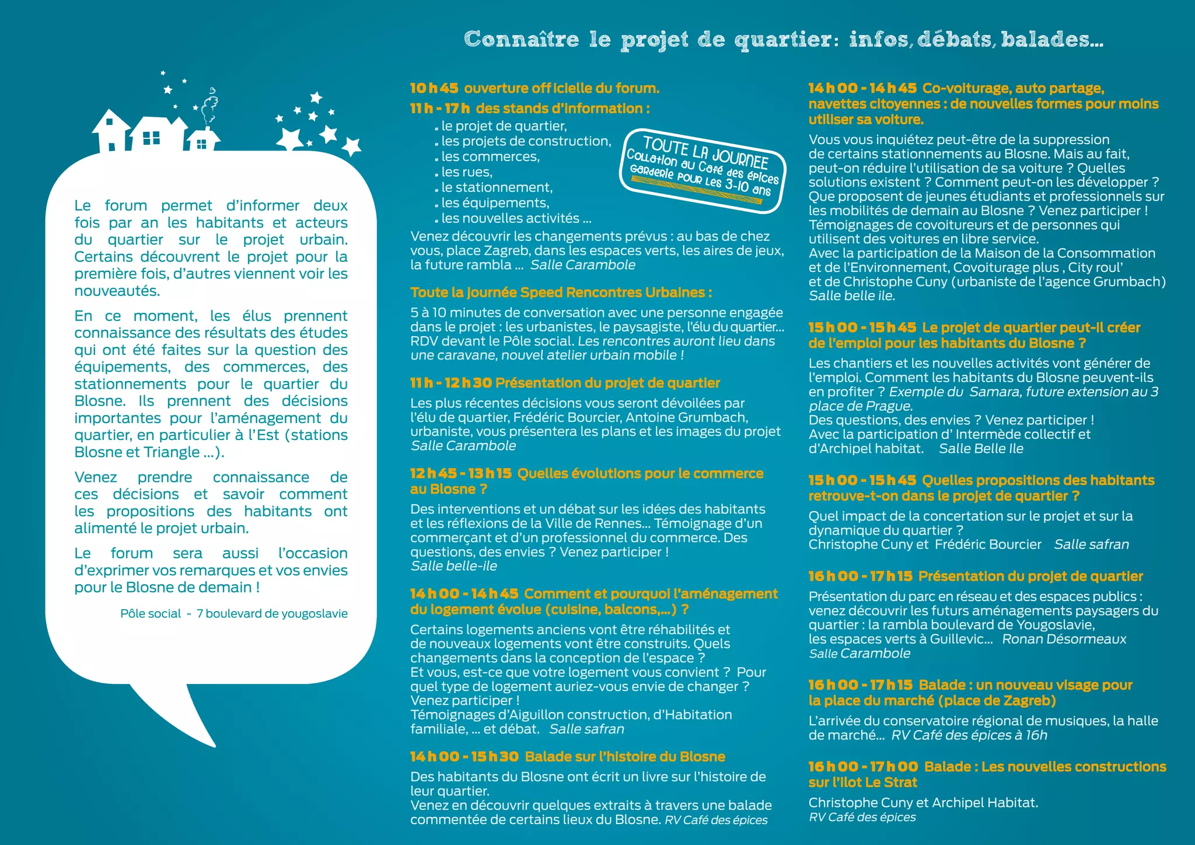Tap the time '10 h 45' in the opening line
coord(434,88)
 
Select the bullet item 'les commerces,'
coord(490,156)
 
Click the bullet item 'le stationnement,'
coord(497,187)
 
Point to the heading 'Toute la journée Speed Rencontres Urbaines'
coord(560,292)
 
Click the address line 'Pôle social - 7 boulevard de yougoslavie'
coord(233,613)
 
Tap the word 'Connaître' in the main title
coord(521,40)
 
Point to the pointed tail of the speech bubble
coord(198,729)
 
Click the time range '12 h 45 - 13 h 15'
coord(460,473)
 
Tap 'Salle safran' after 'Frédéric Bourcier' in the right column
coord(1091,544)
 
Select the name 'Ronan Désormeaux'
coord(1064,639)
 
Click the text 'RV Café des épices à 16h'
coord(969,735)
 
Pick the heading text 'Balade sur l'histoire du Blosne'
coord(625,757)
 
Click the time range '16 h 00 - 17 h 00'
coord(862,767)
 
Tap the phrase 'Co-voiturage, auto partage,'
coord(1014,88)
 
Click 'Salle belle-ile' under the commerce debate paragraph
coord(453,566)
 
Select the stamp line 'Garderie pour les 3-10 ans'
coord(700,181)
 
